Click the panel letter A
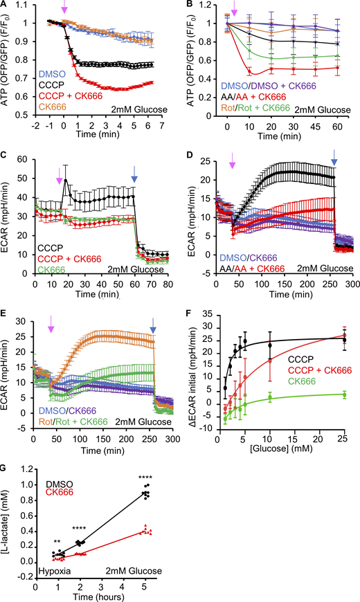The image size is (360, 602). [5, 5]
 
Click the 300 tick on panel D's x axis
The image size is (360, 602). [351, 284]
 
